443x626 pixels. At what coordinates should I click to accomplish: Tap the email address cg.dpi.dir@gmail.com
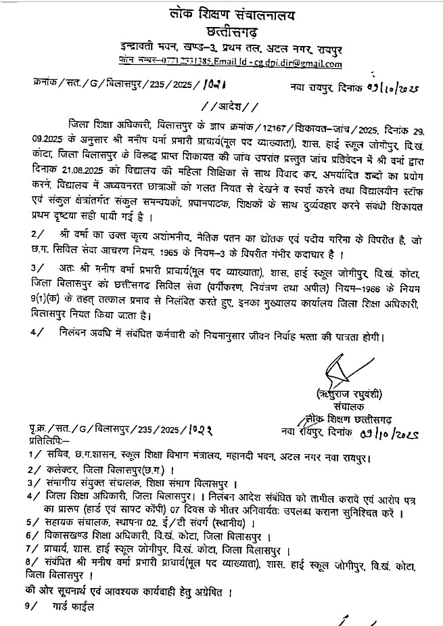tap(296, 63)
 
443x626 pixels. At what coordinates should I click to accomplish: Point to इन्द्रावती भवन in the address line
tap(145, 49)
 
